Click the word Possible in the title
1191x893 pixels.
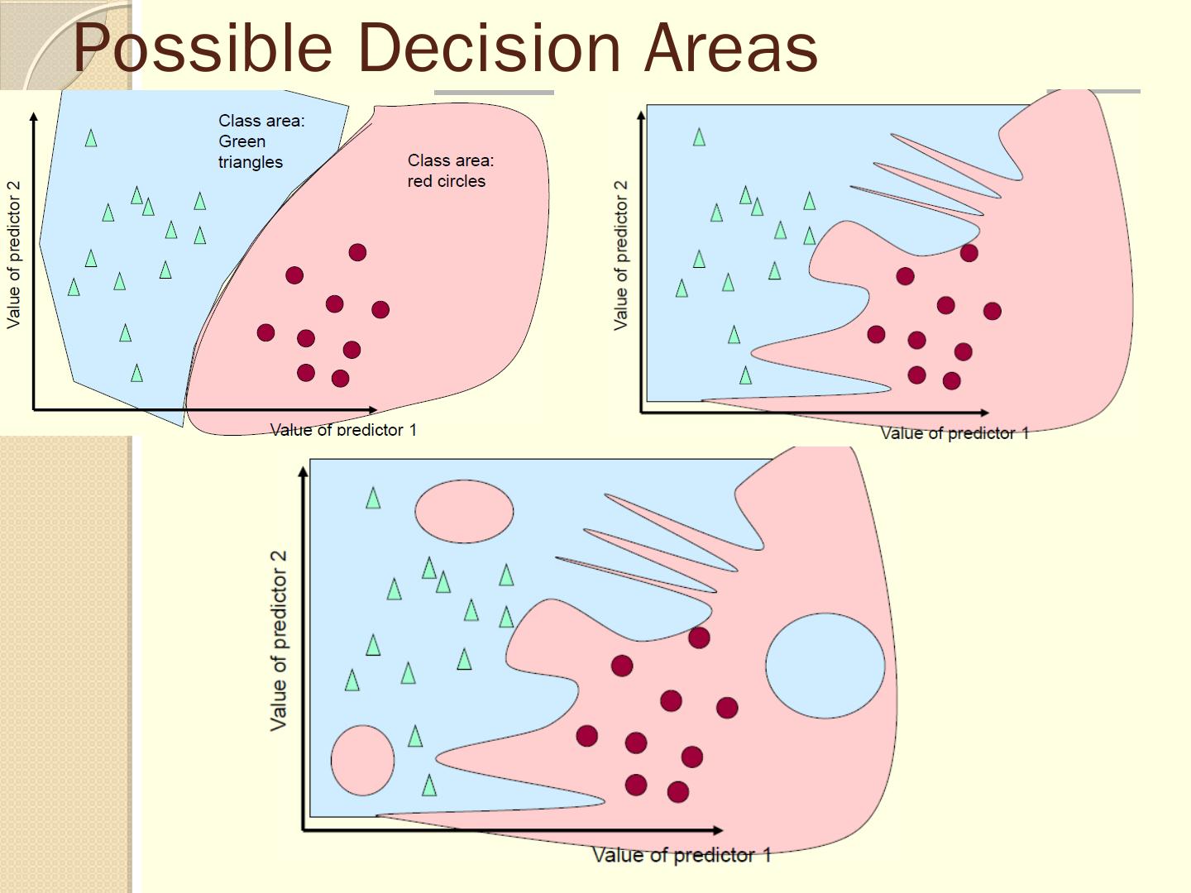click(x=203, y=48)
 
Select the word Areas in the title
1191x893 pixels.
click(x=731, y=48)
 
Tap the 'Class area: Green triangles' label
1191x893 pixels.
click(x=261, y=141)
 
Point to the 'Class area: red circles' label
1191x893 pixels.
click(x=450, y=170)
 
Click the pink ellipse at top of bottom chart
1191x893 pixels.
click(x=463, y=512)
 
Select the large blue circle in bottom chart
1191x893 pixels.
click(x=825, y=665)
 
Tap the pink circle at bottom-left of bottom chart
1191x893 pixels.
click(x=362, y=760)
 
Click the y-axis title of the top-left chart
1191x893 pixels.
click(x=14, y=255)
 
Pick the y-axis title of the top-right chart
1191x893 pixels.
click(x=621, y=255)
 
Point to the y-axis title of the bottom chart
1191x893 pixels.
click(x=279, y=640)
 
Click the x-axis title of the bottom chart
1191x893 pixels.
click(x=682, y=855)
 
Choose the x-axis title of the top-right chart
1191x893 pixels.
click(x=954, y=432)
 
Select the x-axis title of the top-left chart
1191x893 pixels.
click(x=343, y=429)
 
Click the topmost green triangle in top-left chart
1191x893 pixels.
click(x=91, y=138)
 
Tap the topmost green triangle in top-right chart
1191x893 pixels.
click(x=699, y=137)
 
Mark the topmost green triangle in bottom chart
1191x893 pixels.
click(x=373, y=498)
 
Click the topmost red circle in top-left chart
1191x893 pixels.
click(x=357, y=252)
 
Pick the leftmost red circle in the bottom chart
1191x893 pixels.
click(x=586, y=735)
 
